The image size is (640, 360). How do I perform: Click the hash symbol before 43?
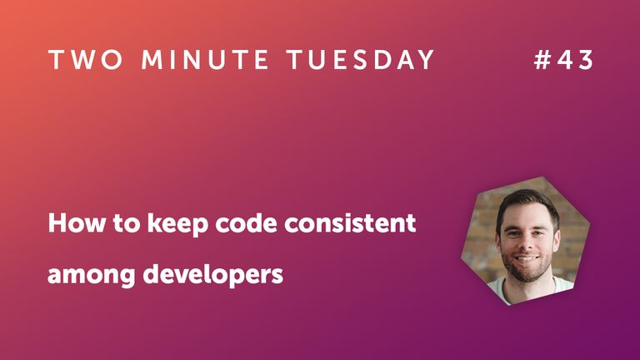click(x=542, y=60)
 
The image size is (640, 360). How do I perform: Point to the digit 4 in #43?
click(x=564, y=60)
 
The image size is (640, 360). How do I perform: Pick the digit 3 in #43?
click(x=585, y=60)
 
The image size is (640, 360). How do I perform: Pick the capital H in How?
click(x=55, y=224)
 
